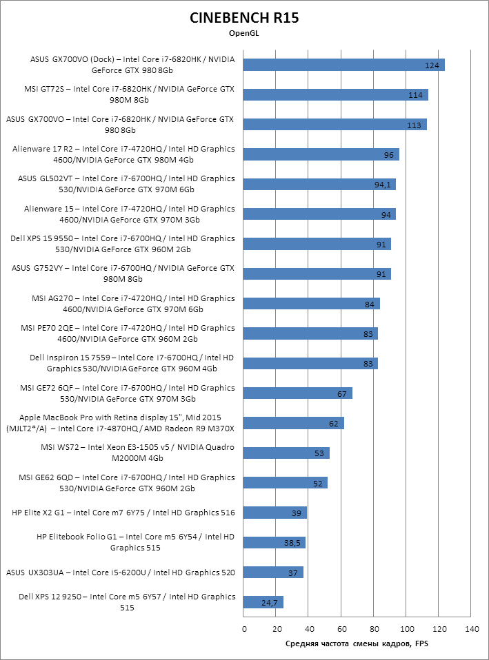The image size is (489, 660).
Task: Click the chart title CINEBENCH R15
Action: [x=244, y=19]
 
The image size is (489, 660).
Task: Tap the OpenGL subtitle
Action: [x=244, y=32]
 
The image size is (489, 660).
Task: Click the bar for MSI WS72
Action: [x=286, y=453]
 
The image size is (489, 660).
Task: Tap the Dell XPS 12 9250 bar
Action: [x=263, y=602]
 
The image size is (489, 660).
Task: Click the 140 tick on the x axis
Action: [x=472, y=629]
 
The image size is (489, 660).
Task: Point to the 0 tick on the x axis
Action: [x=244, y=629]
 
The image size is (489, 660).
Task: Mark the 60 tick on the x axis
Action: [x=341, y=629]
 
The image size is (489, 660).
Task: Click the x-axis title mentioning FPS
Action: [x=357, y=643]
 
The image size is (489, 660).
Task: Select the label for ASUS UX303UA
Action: [x=121, y=572]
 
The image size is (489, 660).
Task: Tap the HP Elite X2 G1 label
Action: [x=123, y=513]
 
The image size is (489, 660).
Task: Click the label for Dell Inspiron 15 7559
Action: [x=132, y=362]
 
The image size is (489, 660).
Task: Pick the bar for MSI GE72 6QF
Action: [x=298, y=393]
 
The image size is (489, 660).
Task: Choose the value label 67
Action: [x=341, y=393]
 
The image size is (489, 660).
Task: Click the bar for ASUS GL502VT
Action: [x=319, y=184]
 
